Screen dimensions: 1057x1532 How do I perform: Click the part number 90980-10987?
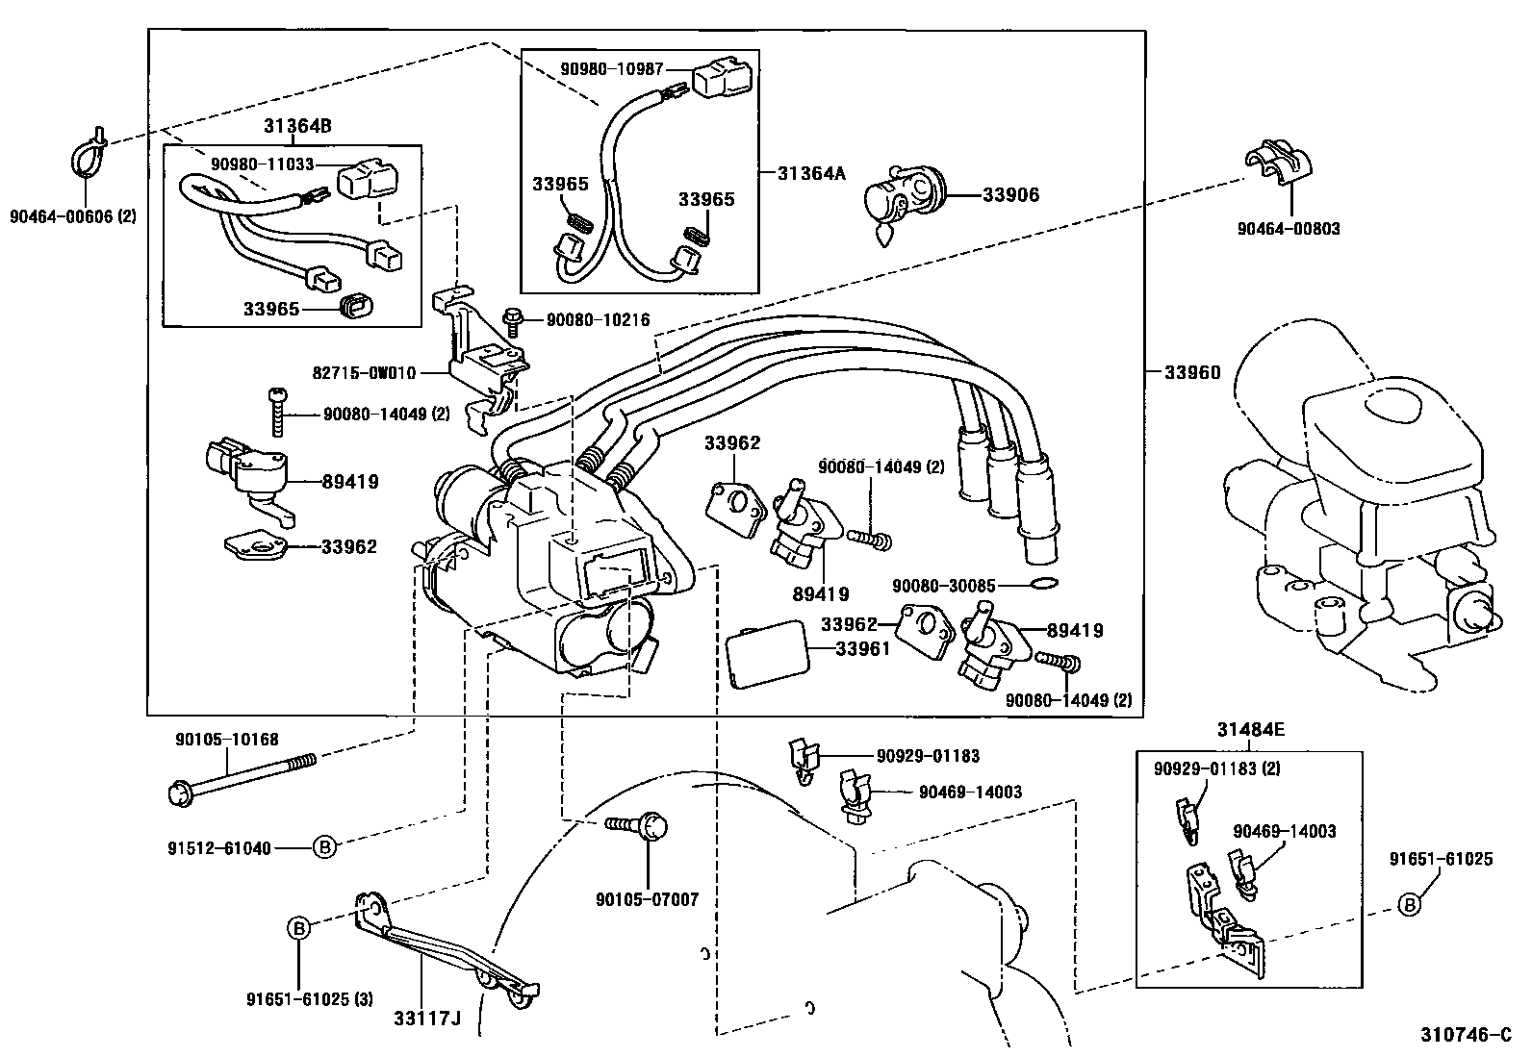pos(625,69)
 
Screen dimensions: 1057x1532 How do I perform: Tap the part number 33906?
pos(1010,194)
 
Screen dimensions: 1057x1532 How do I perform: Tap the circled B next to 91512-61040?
pos(325,847)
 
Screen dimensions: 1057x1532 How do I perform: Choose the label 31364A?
pos(810,172)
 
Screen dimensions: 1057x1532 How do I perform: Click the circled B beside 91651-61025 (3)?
pos(299,929)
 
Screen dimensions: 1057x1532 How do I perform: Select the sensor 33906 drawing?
pos(903,195)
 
